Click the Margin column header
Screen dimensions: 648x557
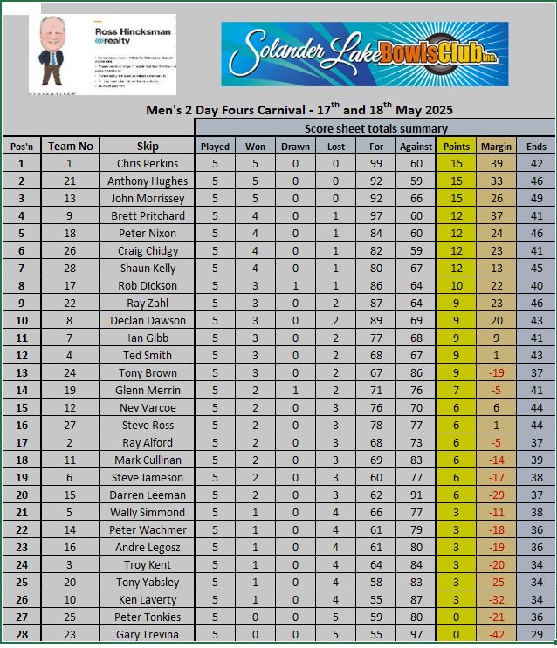(496, 146)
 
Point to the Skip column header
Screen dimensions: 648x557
(148, 146)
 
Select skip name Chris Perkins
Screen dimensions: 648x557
(148, 163)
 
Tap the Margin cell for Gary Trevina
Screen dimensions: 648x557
(496, 634)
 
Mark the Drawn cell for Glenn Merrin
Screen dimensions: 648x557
(295, 390)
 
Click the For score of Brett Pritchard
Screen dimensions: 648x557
(376, 215)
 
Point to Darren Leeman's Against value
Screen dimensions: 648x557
(416, 495)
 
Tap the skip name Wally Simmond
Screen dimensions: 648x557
(148, 512)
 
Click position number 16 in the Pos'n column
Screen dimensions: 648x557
(22, 425)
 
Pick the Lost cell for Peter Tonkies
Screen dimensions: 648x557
(336, 617)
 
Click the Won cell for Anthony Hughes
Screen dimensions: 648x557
(256, 181)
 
